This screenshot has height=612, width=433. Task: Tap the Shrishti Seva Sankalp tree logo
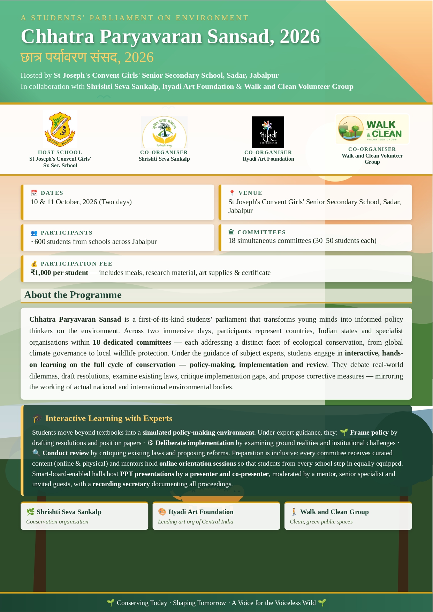point(164,132)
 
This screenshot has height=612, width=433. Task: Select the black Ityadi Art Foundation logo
point(268,132)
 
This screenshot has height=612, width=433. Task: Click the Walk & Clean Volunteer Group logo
point(372,129)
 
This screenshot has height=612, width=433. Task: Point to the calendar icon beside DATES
point(34,193)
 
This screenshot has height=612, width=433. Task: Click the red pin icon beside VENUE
point(232,193)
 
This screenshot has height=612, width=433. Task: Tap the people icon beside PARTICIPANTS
point(34,233)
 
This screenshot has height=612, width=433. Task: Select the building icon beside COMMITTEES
point(231,232)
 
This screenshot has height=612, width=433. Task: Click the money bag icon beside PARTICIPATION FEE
point(34,264)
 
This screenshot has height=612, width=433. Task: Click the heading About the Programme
point(73,295)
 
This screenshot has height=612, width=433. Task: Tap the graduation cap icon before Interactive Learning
point(37,418)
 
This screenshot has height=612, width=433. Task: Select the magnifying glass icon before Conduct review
point(36,453)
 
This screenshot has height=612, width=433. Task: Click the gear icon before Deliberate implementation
point(150,443)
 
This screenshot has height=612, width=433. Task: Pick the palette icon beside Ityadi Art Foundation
point(162,512)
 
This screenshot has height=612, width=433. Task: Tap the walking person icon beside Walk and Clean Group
point(294,512)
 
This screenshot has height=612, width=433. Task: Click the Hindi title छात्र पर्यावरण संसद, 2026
point(87,58)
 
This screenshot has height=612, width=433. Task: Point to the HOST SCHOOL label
point(60,152)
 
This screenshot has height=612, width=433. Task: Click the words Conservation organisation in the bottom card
point(57,522)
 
